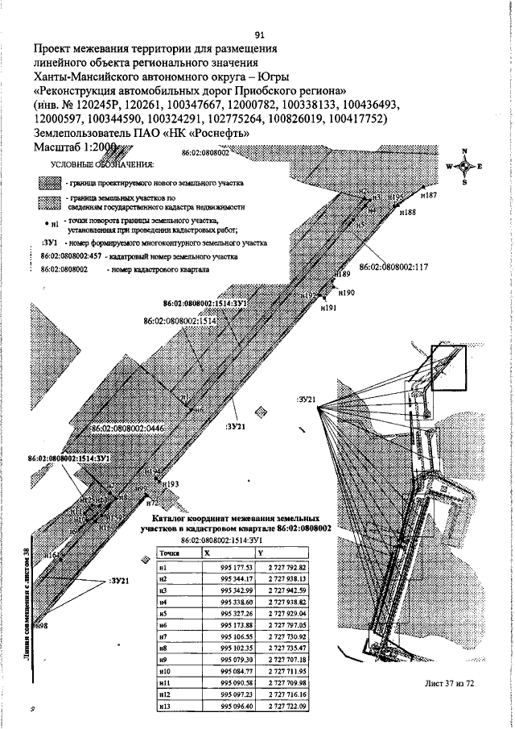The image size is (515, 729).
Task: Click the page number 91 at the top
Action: pos(259,35)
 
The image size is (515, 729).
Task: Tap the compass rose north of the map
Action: pos(463,167)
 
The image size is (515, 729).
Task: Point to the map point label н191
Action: pos(328,308)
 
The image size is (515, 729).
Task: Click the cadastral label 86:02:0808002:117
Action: pos(393,267)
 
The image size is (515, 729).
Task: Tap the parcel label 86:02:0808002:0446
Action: pos(127,429)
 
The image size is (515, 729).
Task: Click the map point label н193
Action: pos(170,484)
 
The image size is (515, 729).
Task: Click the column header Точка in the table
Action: pos(169,554)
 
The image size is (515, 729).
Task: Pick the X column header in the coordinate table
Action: pos(208,554)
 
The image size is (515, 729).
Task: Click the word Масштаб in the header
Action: pos(59,147)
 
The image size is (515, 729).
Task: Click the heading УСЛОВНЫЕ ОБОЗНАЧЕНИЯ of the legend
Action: pos(102,164)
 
